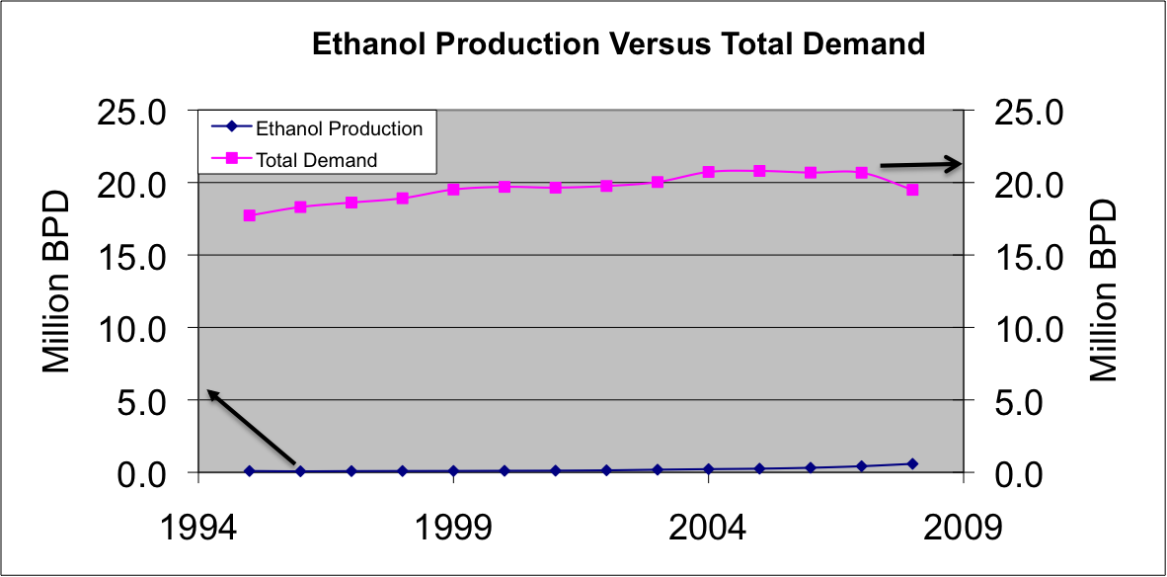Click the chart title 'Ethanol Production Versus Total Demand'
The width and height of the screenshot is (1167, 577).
[618, 44]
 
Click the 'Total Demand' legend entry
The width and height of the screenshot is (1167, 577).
[316, 159]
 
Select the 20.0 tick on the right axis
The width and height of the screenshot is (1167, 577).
[1027, 184]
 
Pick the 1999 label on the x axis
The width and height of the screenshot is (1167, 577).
[453, 526]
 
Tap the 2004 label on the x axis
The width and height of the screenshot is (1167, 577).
[708, 526]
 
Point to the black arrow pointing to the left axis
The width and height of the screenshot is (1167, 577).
[251, 426]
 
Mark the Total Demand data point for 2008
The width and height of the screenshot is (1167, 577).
[912, 190]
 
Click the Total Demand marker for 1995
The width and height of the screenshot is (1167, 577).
[249, 215]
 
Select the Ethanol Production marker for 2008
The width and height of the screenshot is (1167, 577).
[912, 463]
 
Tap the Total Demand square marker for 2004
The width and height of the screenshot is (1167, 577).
[708, 171]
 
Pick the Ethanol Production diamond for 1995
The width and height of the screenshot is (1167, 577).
[249, 471]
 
